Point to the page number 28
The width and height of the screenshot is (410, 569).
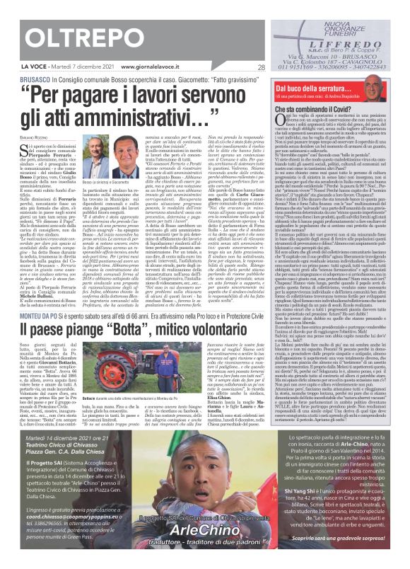(261, 67)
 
